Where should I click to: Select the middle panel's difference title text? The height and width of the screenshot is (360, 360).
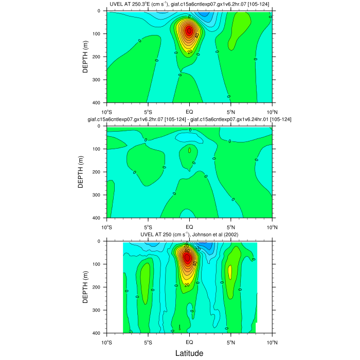(x=189, y=119)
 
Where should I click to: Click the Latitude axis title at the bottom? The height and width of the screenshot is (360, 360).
(x=189, y=353)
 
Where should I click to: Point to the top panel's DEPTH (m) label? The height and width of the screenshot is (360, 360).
(x=86, y=57)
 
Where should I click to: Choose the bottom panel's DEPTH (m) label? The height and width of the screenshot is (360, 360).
(x=86, y=287)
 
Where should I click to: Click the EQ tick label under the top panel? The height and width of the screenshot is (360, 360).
(x=189, y=112)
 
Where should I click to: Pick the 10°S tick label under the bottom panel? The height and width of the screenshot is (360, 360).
(x=107, y=342)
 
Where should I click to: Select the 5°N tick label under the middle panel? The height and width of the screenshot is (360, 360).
(x=230, y=227)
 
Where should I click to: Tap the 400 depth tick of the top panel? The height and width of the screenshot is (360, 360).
(x=97, y=103)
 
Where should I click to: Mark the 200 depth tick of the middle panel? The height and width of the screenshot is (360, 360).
(x=97, y=172)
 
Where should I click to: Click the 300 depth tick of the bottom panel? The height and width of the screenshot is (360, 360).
(x=97, y=310)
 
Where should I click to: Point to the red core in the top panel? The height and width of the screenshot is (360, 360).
(x=189, y=31)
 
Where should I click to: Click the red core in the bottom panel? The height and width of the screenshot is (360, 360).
(x=188, y=258)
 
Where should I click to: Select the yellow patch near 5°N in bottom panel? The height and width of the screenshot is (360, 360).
(x=230, y=272)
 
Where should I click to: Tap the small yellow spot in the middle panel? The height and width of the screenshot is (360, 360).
(x=189, y=151)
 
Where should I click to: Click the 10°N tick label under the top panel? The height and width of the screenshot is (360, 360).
(x=272, y=112)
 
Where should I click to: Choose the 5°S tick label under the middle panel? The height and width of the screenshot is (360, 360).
(x=148, y=227)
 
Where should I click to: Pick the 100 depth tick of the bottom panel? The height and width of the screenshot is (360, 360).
(x=97, y=264)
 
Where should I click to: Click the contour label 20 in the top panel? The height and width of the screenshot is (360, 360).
(x=189, y=51)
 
